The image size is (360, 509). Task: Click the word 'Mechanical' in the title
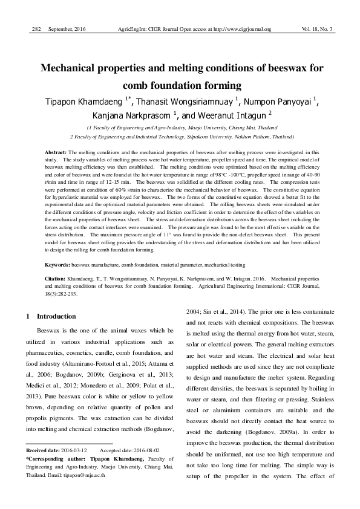[77, 68]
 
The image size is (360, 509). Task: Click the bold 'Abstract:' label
[57, 152]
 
